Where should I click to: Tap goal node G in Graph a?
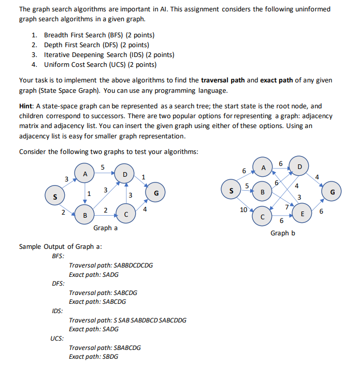coord(156,193)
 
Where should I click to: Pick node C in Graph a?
coord(126,214)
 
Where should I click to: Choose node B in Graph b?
coord(263,192)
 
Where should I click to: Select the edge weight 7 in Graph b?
coord(286,207)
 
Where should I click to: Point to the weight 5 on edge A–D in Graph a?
coord(103,167)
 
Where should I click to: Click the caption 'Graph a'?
coord(105,228)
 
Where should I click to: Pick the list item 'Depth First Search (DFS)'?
coord(89,45)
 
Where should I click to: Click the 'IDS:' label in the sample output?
coord(58,311)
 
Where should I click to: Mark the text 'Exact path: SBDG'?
coord(93,357)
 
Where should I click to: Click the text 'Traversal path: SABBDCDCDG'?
coord(110,265)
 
